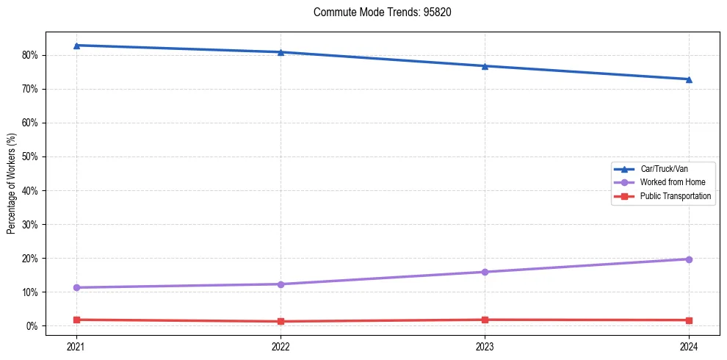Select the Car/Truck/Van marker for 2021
76,46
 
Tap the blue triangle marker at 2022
281,52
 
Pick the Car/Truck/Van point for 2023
485,66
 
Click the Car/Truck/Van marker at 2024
689,79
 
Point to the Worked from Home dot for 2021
76,287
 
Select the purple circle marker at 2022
281,284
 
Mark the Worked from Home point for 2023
485,272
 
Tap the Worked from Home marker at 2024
689,259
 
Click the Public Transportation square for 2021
76,320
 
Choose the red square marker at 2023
485,320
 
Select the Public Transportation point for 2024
689,320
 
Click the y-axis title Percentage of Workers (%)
11,184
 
